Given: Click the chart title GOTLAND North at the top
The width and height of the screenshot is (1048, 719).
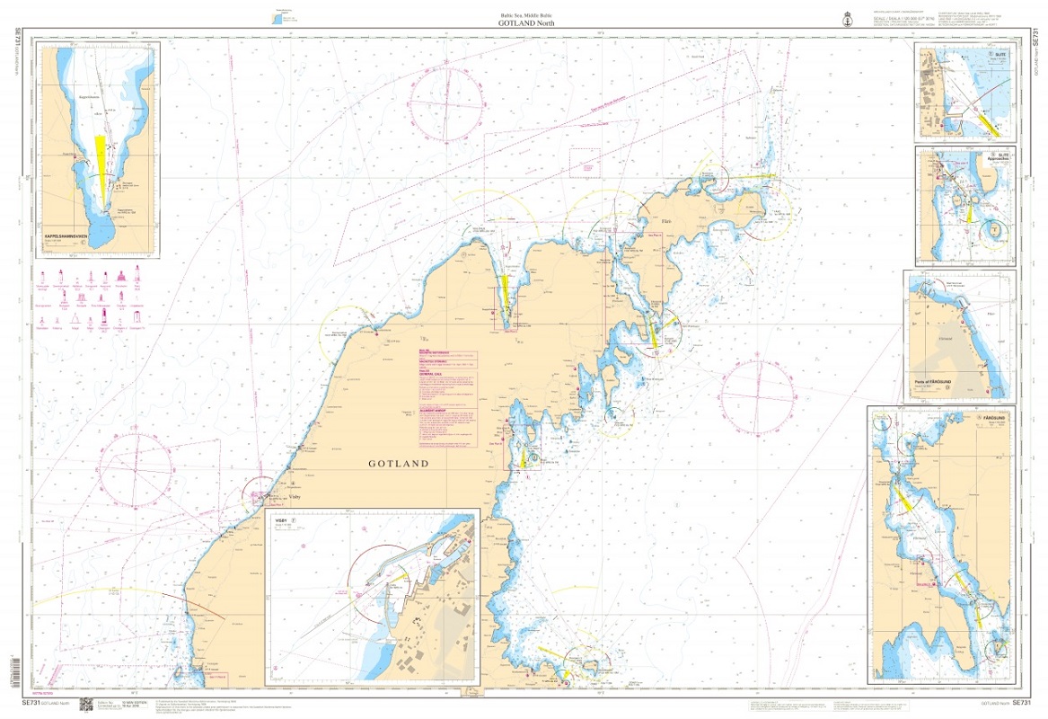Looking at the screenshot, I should (524, 25).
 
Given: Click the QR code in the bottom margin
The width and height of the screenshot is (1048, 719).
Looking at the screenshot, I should (87, 706).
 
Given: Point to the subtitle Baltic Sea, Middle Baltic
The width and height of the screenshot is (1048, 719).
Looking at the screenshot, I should (524, 16).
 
